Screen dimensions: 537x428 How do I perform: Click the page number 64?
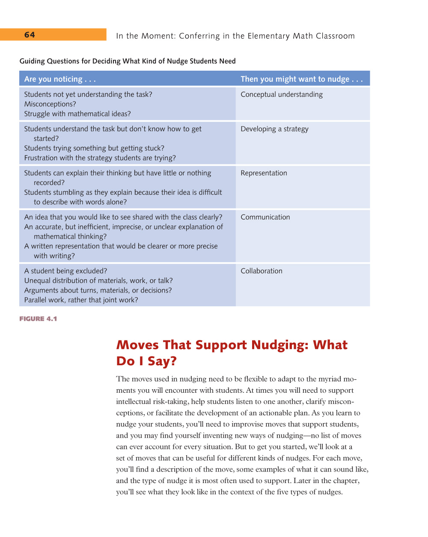coord(30,35)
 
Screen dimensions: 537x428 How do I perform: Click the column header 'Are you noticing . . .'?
coord(60,79)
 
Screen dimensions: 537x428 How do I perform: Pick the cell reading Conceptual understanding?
coord(282,95)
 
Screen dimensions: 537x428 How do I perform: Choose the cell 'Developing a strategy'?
coord(274,129)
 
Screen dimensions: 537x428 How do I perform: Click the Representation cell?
coord(264,173)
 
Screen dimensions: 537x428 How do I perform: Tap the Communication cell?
coord(265,217)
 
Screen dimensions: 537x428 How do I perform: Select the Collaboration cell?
coord(261,271)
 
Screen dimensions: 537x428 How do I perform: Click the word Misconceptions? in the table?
coord(50,104)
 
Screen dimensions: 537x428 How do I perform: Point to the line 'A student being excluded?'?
coord(65,271)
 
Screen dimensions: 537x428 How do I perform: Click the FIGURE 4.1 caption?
coord(38,319)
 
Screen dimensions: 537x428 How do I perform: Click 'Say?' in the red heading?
coord(162,361)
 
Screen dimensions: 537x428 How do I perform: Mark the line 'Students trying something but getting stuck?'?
coord(94,148)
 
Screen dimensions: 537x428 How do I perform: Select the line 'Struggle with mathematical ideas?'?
coord(77,114)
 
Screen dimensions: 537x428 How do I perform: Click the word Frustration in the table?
coord(41,158)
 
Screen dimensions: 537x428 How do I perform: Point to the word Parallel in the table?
coord(36,300)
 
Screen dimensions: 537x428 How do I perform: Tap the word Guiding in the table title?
coord(32,61)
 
